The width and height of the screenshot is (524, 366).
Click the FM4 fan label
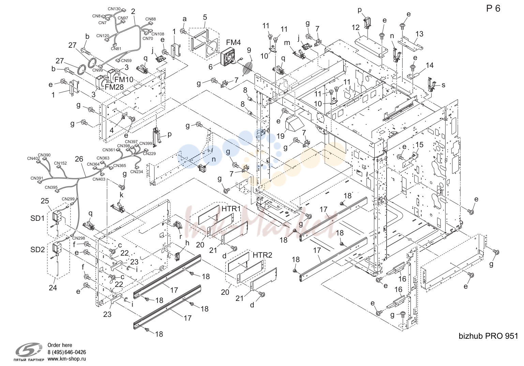click(x=233, y=43)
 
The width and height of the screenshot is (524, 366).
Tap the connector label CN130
click(x=114, y=9)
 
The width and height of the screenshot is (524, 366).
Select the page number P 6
click(x=493, y=9)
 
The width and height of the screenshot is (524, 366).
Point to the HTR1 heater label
click(x=231, y=209)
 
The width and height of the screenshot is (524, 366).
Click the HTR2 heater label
click(x=263, y=255)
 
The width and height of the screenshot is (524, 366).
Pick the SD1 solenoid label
click(x=38, y=218)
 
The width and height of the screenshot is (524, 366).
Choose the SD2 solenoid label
click(x=38, y=249)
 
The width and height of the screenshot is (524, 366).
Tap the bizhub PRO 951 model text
click(x=488, y=336)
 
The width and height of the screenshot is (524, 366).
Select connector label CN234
click(x=137, y=172)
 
